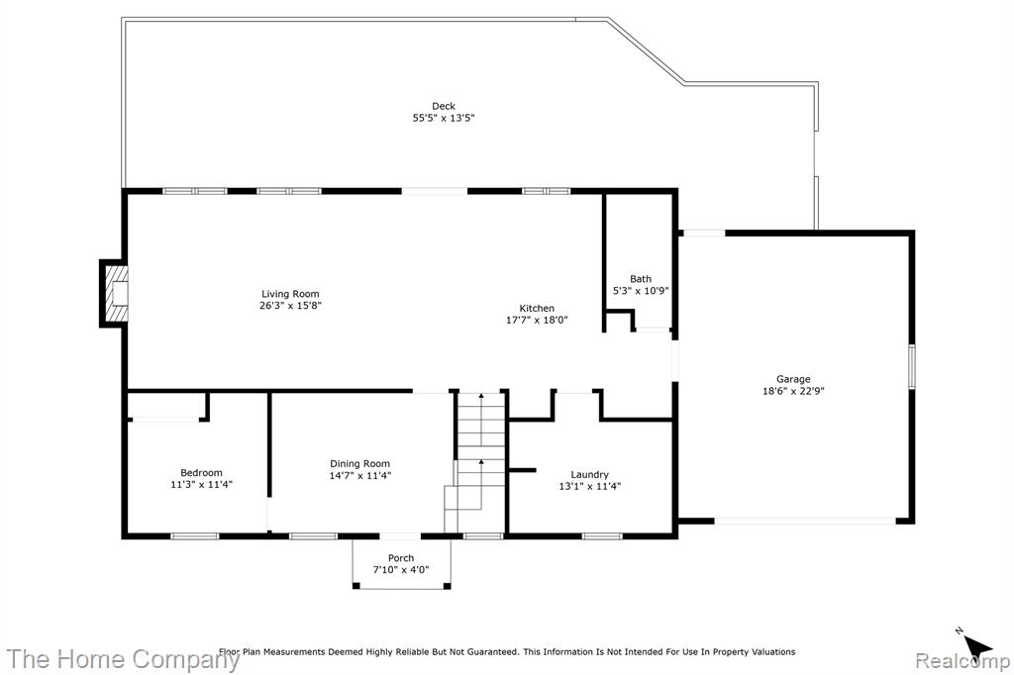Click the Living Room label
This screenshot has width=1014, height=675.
coord(290,294)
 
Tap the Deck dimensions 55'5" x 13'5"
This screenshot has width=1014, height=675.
coord(444,118)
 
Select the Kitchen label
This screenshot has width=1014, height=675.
coord(537,309)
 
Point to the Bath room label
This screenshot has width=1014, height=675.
coord(641,279)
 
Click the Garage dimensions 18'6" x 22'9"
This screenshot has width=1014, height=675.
coord(793,391)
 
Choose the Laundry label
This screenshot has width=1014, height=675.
coord(590,474)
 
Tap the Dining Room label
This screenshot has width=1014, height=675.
coord(360,463)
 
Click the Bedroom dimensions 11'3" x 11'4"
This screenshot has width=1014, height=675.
coord(201,484)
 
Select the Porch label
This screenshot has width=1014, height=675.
coord(401,558)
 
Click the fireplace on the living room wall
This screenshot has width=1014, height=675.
coord(114,294)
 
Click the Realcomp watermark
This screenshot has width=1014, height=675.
coord(963,661)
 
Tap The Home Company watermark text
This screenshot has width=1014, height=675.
coord(123,659)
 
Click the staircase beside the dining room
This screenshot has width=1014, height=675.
coord(474,461)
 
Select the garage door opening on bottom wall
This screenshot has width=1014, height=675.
coord(805,521)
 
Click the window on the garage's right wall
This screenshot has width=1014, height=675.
coord(912,366)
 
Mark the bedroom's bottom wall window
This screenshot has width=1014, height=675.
coord(195,536)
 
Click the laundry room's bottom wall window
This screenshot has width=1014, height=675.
coord(602,536)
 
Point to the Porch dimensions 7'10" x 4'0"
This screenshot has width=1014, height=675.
coord(401,570)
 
